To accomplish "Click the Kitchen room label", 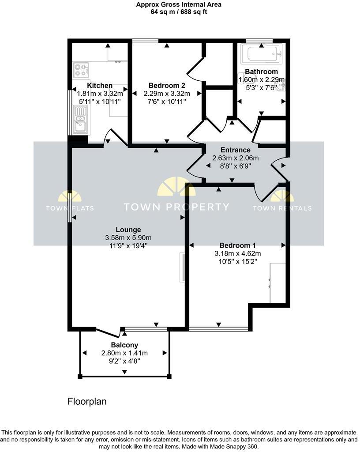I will coord(100,86).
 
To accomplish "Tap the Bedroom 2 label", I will coord(166,86).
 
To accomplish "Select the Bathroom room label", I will coord(261,72).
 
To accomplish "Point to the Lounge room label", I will coord(128,230).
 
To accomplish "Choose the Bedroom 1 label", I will coord(238,245).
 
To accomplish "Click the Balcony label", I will coord(124,345).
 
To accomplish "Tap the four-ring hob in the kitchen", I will coord(81,70).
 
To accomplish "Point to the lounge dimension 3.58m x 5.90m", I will coord(128,237).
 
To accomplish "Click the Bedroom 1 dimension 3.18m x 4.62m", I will coord(238,253).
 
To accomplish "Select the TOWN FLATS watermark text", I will coord(70,208).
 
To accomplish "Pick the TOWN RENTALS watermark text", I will coord(282,208).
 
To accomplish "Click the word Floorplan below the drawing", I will coord(87,402).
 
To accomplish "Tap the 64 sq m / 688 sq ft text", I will coord(179,12).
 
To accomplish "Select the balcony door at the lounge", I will coord(108,332).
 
